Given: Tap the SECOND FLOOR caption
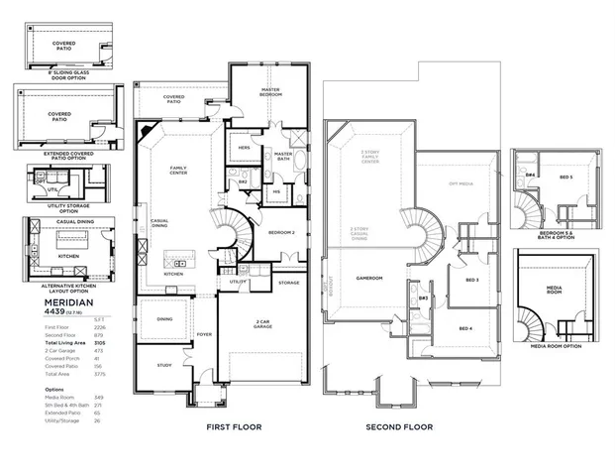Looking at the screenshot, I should tap(400, 427).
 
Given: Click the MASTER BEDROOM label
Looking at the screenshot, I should tap(271, 92).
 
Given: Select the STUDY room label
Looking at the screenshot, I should tap(164, 365).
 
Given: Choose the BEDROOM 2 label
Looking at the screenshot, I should tap(282, 232).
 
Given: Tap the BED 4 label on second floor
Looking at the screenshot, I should tap(465, 328).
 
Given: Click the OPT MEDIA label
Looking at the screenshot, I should tap(461, 184).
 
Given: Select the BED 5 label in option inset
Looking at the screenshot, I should tap(564, 177).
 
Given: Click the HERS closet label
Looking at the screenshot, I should tap(244, 149).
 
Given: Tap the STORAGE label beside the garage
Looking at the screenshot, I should tap(288, 283).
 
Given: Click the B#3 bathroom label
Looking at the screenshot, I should tap(423, 297).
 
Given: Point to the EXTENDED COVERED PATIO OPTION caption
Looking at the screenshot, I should tap(61, 155).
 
